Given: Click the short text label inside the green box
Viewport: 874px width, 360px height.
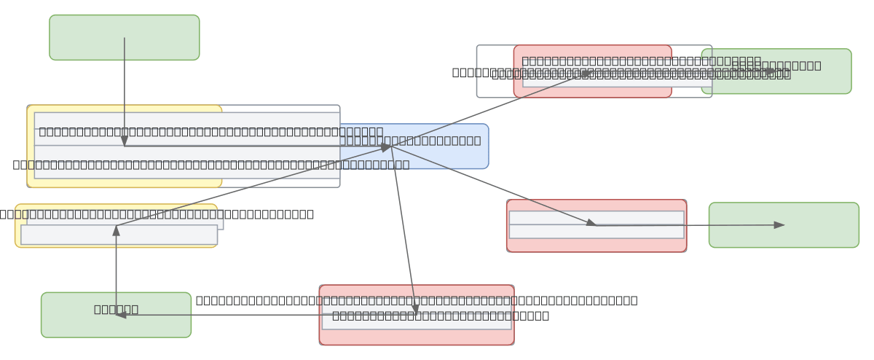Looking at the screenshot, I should click(x=116, y=309).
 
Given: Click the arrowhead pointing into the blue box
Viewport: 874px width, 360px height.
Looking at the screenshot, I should click(x=387, y=147).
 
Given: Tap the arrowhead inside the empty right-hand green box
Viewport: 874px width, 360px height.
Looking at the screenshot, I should click(x=779, y=225).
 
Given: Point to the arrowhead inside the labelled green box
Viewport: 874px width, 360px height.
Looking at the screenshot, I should click(x=121, y=315).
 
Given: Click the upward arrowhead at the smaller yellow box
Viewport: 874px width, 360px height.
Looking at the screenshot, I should click(x=116, y=230).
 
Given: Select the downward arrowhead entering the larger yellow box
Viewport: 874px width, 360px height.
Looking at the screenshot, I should click(x=125, y=141).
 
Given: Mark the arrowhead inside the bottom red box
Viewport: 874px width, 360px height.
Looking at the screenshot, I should click(x=415, y=309).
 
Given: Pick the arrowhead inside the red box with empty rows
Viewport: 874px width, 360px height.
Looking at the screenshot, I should click(x=591, y=223).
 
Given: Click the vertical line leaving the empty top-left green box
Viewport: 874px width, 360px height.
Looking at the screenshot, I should click(x=125, y=87).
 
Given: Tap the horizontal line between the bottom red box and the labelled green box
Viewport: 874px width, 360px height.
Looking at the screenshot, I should click(x=255, y=315).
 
